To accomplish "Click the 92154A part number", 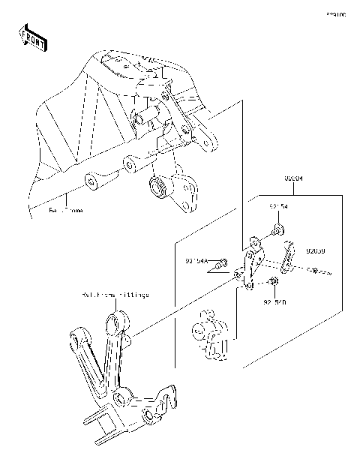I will [x=196, y=262].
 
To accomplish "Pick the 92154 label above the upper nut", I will [x=278, y=205].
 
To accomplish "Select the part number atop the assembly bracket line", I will [x=294, y=178].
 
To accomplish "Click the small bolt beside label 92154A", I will [x=220, y=264].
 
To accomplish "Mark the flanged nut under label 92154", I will [x=277, y=226].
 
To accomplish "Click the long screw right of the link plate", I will [x=319, y=271].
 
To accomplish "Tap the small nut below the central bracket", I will [x=274, y=282].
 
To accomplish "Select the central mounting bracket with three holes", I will [x=252, y=264].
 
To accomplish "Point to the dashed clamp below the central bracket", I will [x=208, y=333].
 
